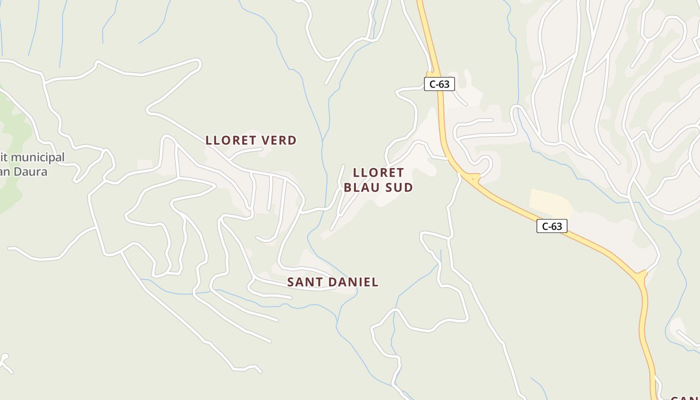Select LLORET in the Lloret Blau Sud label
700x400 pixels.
click(x=378, y=172)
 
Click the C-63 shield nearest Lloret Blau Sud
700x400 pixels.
click(x=439, y=84)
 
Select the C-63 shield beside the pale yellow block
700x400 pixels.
click(x=552, y=226)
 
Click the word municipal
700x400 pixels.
click(x=37, y=157)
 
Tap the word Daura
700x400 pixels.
click(x=30, y=171)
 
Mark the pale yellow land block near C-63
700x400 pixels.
click(x=550, y=202)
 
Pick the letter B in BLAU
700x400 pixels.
click(x=348, y=187)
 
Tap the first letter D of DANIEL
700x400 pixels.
click(x=328, y=282)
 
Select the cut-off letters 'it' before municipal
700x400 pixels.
click(x=4, y=157)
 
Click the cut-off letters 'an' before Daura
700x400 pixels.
click(x=4, y=171)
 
